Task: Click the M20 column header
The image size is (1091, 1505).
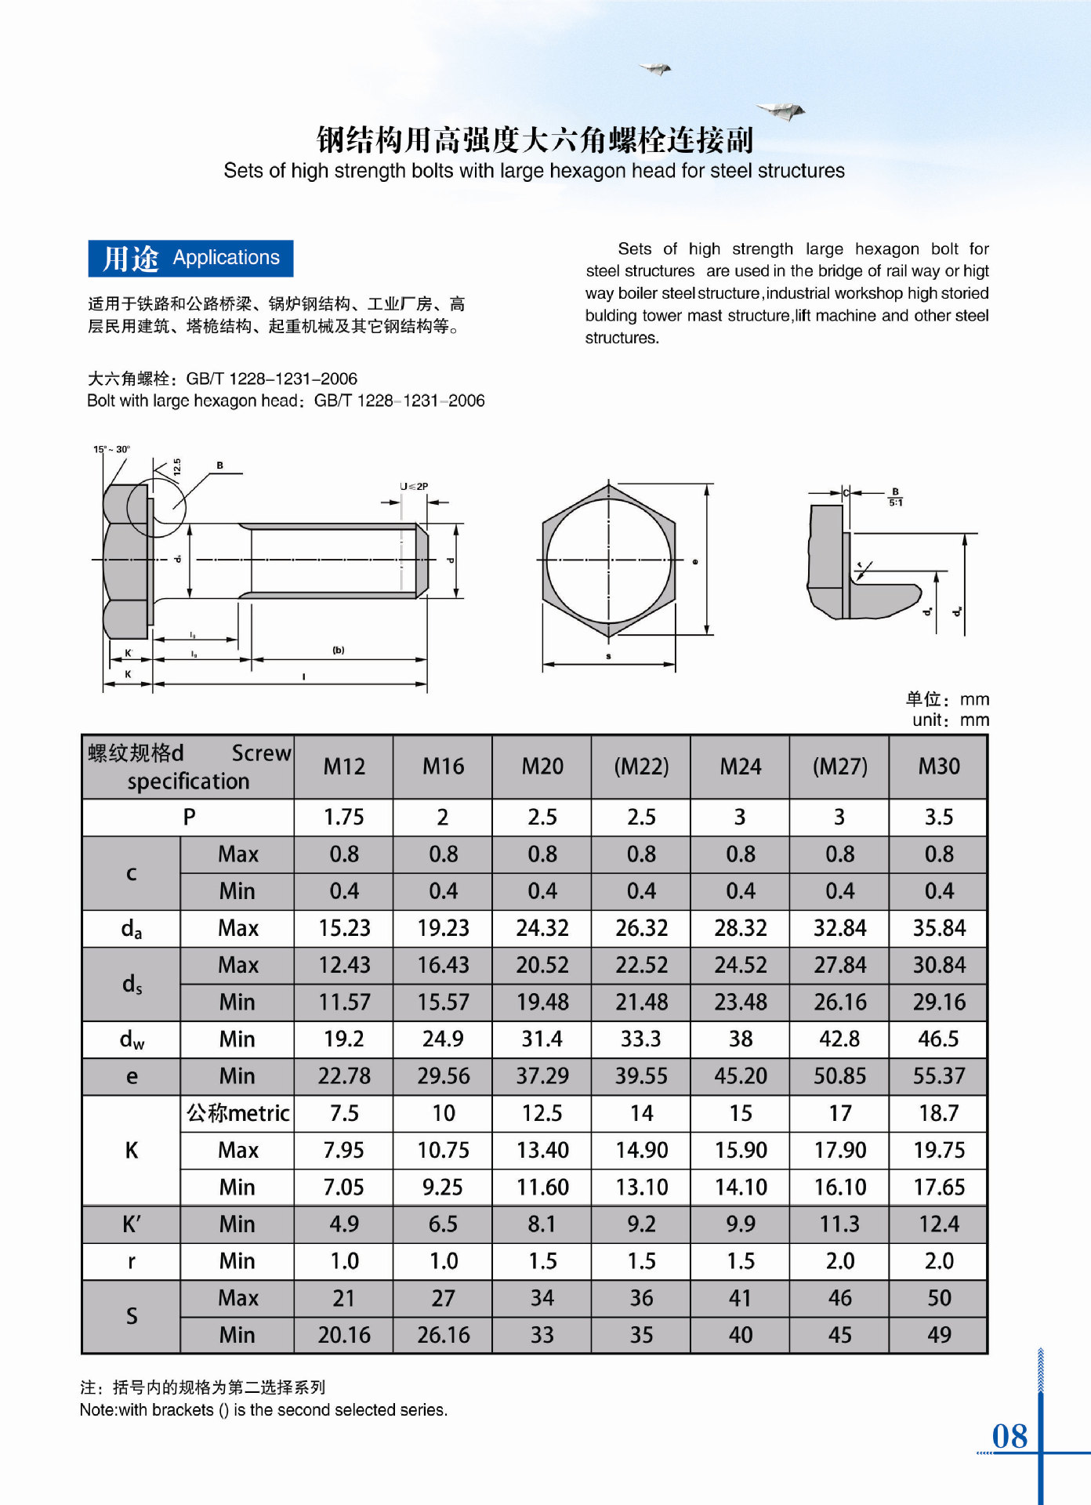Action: click(542, 766)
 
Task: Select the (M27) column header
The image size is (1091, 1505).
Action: click(839, 766)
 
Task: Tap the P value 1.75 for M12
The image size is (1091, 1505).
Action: click(344, 817)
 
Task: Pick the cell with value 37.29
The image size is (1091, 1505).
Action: click(542, 1076)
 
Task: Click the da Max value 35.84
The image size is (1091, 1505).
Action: click(939, 928)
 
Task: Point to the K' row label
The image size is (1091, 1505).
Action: click(132, 1224)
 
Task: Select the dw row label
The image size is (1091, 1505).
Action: click(132, 1039)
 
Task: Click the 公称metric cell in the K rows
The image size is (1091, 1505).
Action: click(237, 1113)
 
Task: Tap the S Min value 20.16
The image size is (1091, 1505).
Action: click(344, 1335)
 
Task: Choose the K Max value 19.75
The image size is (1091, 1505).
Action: click(939, 1150)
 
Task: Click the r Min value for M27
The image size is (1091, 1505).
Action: click(839, 1261)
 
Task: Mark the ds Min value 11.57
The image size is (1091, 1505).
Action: click(344, 1002)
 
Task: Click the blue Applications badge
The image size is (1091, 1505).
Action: click(190, 258)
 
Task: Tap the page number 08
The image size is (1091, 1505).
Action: click(1009, 1436)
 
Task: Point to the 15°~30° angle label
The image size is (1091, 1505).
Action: click(112, 449)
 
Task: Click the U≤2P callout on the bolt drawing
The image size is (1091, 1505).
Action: click(414, 486)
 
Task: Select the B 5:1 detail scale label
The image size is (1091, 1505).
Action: click(895, 498)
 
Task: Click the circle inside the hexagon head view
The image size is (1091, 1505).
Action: click(608, 560)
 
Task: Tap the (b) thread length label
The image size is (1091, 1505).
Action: click(339, 650)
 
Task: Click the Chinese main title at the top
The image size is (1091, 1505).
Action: click(535, 140)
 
